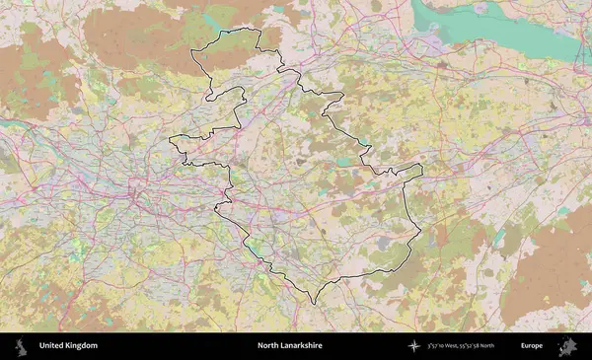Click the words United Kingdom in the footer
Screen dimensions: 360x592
coord(68,346)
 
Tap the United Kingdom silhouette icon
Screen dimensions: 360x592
coord(20,346)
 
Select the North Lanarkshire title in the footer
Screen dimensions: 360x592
coord(289,346)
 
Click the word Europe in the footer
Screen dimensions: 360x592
coord(532,346)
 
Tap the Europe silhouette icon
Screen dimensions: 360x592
coord(567,346)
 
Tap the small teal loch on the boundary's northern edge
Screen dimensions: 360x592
coord(230,32)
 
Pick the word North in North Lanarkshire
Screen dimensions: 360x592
coord(266,346)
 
